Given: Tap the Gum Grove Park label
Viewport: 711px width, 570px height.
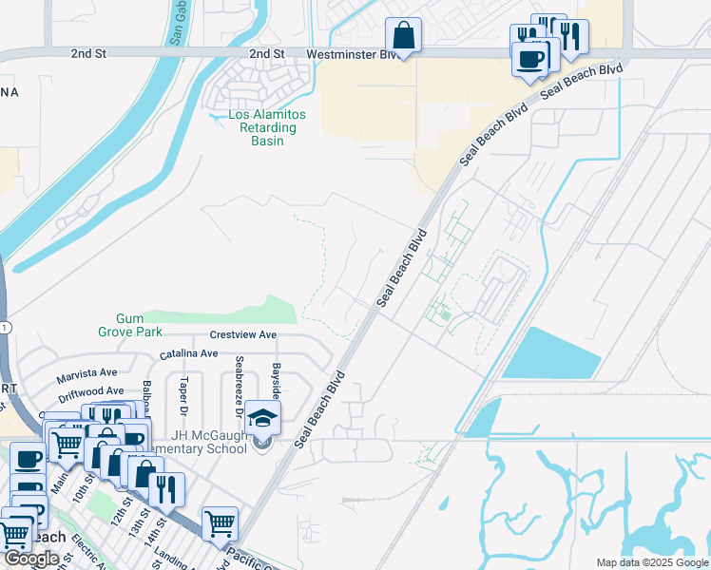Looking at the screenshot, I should pyautogui.click(x=129, y=326).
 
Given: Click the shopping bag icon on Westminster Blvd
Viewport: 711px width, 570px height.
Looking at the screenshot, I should pyautogui.click(x=403, y=36).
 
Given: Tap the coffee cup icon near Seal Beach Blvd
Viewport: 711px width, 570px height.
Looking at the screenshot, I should pyautogui.click(x=528, y=58).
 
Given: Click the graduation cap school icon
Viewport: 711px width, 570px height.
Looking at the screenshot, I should pyautogui.click(x=262, y=417).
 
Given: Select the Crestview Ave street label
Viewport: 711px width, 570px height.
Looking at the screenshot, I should pyautogui.click(x=242, y=335).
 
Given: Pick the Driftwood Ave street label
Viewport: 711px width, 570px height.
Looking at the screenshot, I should pyautogui.click(x=89, y=391).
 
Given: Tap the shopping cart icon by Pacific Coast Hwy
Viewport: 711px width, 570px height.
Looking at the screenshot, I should pyautogui.click(x=220, y=523).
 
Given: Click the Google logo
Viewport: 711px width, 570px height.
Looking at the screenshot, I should pyautogui.click(x=32, y=559).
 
